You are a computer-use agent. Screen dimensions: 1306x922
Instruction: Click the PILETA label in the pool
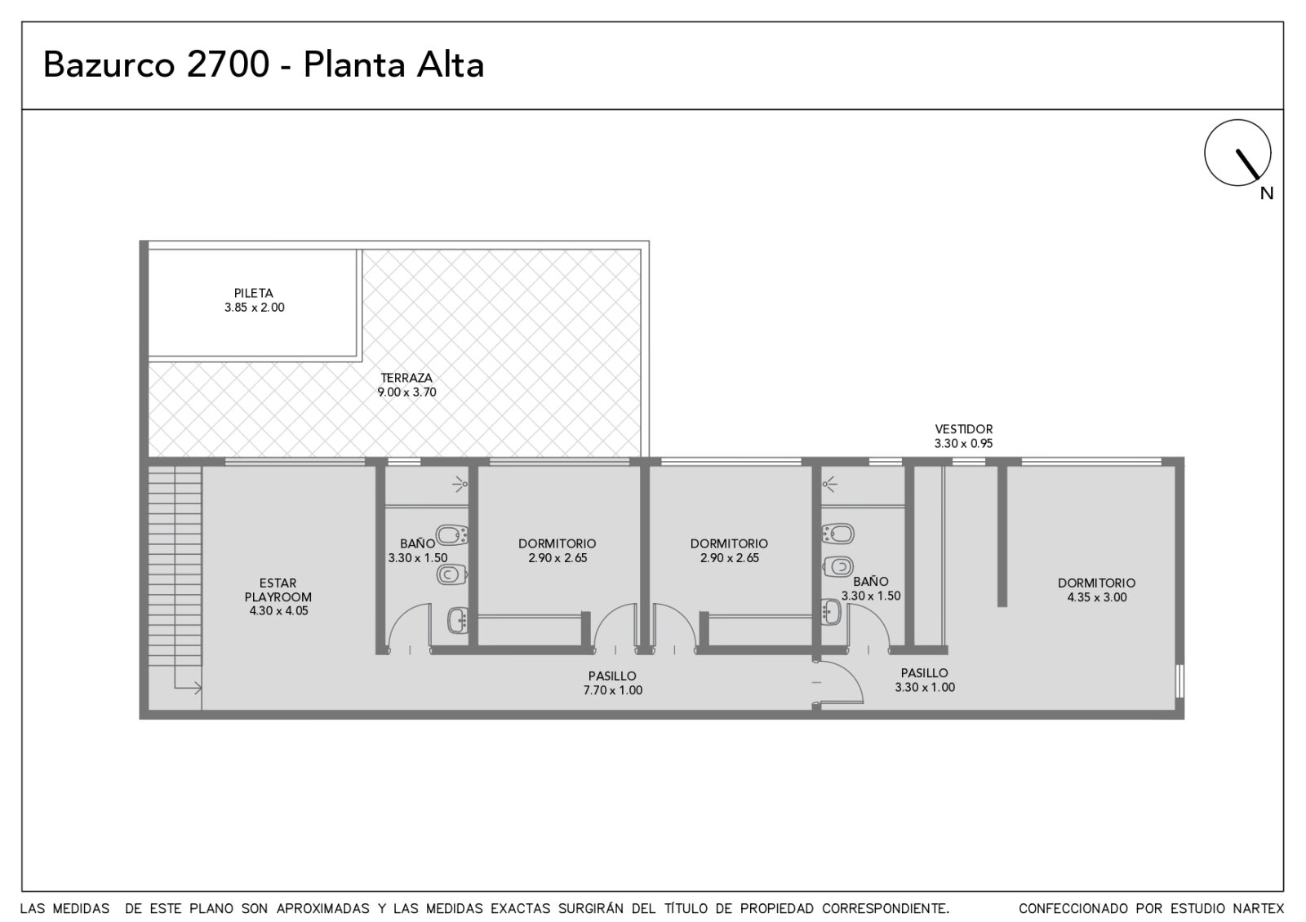coord(254,293)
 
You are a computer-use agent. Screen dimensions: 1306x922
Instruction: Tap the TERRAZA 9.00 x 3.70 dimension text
coord(406,392)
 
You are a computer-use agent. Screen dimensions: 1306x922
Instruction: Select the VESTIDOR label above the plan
coord(964,429)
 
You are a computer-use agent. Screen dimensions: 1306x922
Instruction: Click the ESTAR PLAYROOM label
coord(278,590)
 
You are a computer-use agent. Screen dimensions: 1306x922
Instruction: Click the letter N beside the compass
coord(1266,193)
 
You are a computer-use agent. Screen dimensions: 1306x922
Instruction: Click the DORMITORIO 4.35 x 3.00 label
coord(1097,590)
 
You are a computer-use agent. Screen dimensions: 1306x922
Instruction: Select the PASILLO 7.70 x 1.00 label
coord(613,683)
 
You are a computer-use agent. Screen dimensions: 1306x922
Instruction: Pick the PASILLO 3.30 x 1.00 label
coord(925,680)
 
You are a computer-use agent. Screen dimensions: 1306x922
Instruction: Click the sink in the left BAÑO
coord(458,621)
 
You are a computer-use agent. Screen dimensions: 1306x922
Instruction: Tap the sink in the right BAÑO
coord(831,612)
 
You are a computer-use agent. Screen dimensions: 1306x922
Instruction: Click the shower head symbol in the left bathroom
coord(460,484)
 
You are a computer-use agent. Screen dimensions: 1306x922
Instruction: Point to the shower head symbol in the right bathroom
coord(829,484)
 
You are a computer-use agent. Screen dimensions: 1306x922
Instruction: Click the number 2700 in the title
coord(228,64)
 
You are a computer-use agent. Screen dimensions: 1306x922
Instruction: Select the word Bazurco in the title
coord(109,64)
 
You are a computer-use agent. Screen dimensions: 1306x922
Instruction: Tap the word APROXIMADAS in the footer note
coord(323,909)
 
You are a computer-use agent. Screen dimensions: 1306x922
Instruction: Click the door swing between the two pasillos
coord(840,682)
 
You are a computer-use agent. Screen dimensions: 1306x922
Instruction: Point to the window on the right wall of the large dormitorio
coord(1179,680)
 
